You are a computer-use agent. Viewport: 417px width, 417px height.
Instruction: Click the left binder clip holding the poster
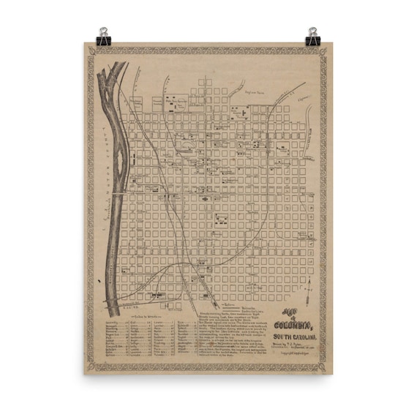[x=104, y=35]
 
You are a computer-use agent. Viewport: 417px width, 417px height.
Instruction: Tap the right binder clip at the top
[x=313, y=35]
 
